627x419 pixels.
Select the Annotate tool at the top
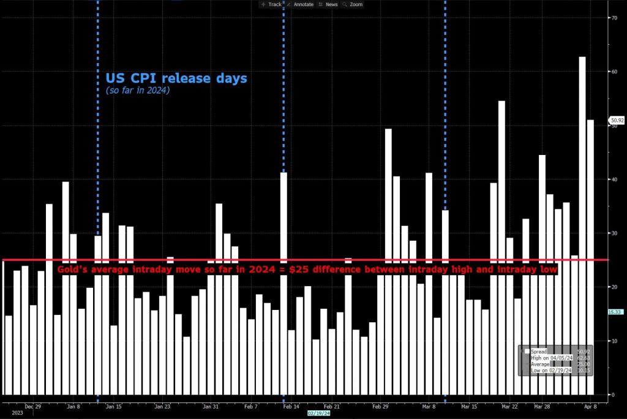(x=300, y=4)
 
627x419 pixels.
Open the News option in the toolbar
(x=328, y=4)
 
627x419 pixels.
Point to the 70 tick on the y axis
(x=613, y=18)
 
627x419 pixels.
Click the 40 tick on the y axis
(x=613, y=179)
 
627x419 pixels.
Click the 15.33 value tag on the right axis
(x=615, y=312)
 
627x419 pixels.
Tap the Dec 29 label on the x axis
(x=32, y=406)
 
